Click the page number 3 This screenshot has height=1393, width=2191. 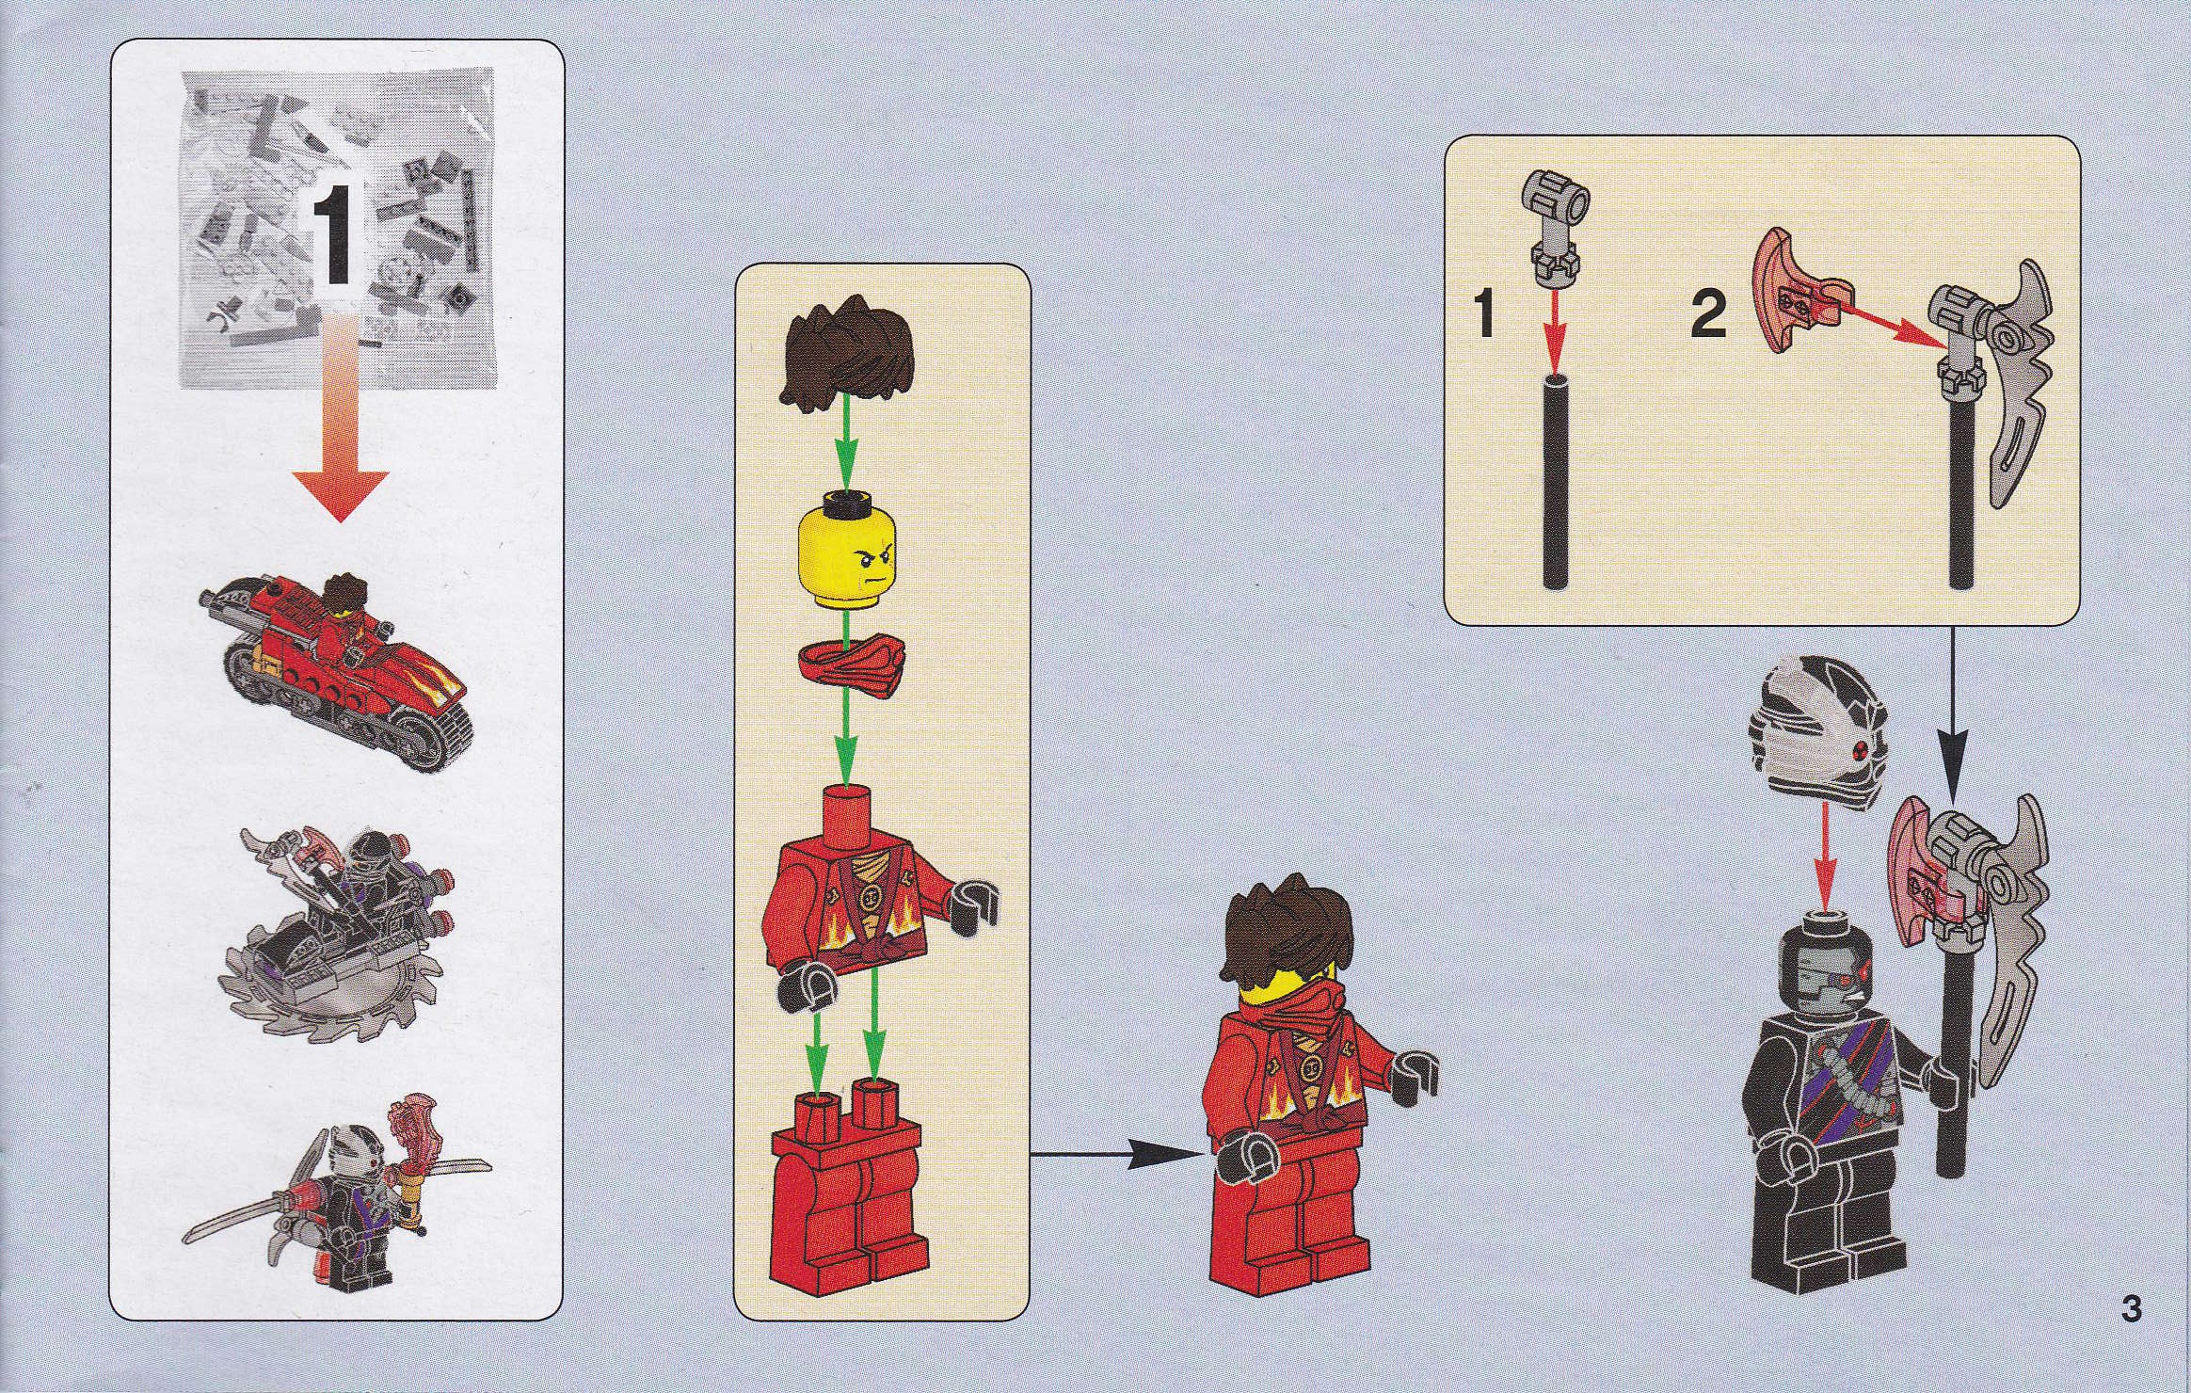(2131, 1336)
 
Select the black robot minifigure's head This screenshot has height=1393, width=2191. (1827, 969)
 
